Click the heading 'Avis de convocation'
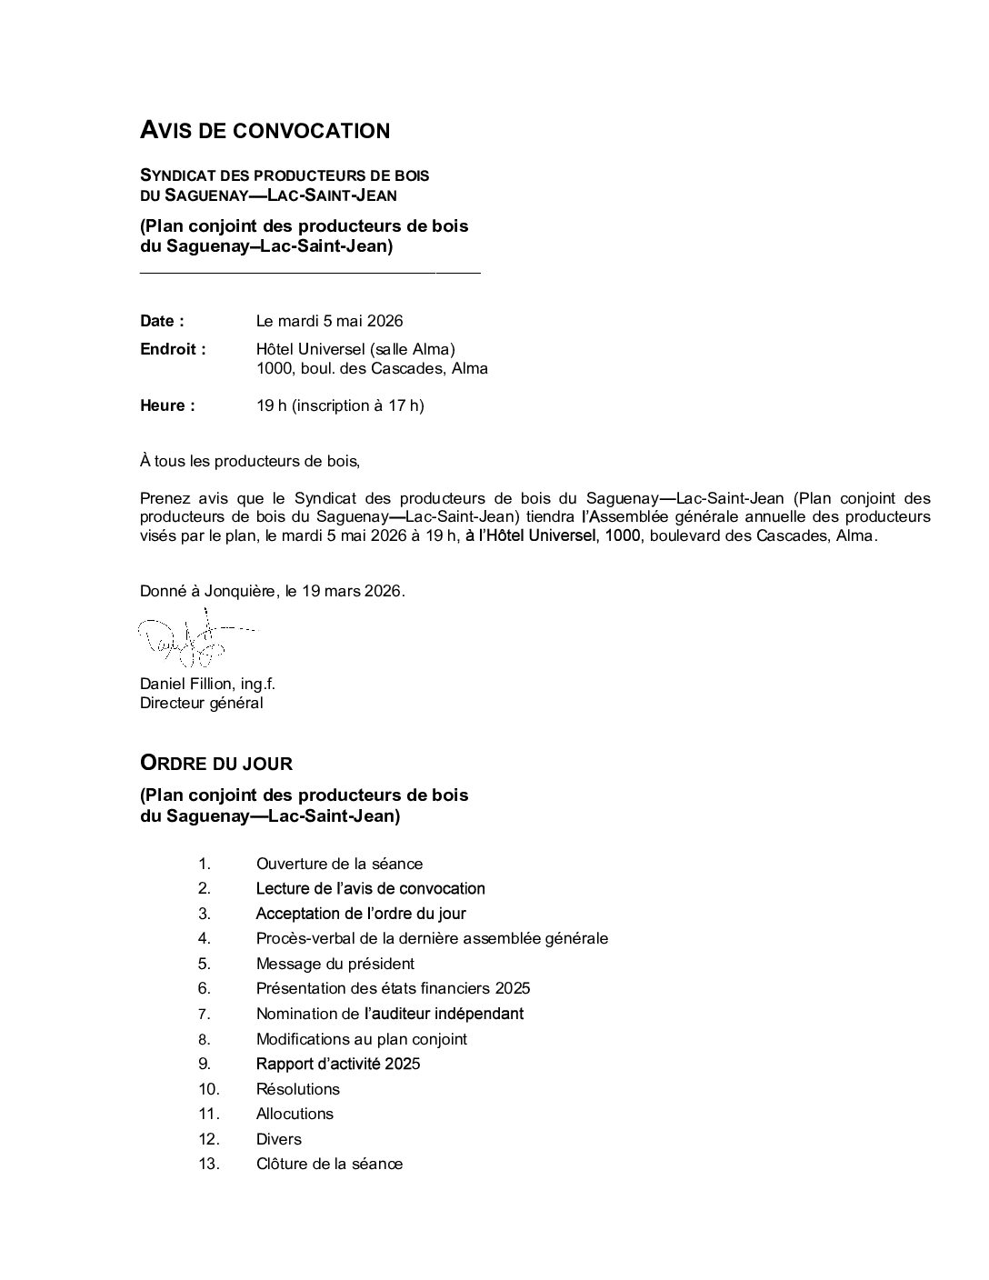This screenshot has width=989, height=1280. [x=265, y=131]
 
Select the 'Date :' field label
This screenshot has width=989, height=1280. [x=162, y=321]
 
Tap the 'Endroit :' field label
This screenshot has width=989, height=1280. [x=173, y=349]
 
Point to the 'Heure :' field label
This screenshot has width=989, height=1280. [x=167, y=405]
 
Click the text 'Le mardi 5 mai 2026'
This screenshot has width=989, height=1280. [x=329, y=321]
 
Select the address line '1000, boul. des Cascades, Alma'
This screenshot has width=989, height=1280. [x=372, y=368]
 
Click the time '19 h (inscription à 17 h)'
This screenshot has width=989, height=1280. [x=340, y=405]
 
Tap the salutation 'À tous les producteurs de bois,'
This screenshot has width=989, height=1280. [x=250, y=461]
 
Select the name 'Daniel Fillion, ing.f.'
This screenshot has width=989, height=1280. [x=207, y=684]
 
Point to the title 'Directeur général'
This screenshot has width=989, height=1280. [x=201, y=703]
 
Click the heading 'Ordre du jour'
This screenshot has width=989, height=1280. [x=216, y=763]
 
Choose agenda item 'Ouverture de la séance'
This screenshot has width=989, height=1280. [x=339, y=864]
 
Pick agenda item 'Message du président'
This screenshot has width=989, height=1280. [x=335, y=964]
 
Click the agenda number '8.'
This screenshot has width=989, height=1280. [x=205, y=1039]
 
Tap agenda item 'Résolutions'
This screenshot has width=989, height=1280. [x=297, y=1089]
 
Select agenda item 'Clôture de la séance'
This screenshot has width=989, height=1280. [x=329, y=1164]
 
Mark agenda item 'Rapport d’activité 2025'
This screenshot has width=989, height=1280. [x=338, y=1064]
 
